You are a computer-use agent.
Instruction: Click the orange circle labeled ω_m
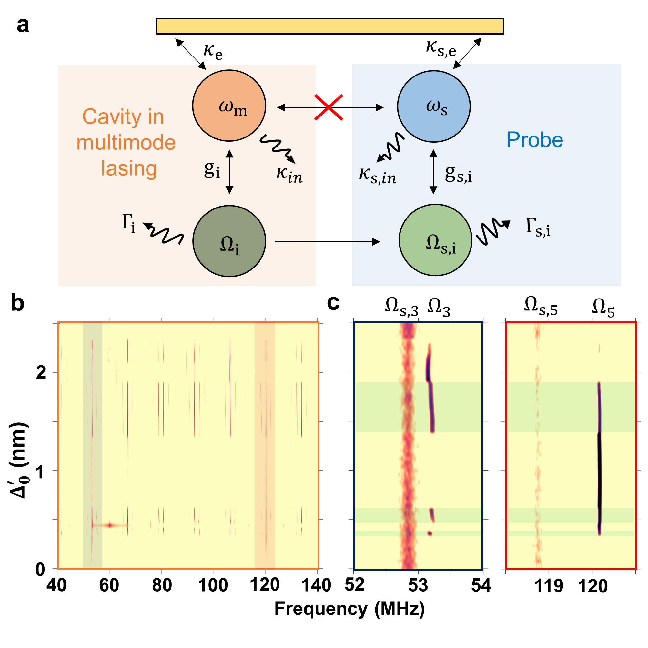(x=229, y=106)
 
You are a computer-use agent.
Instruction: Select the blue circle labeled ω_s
(x=434, y=106)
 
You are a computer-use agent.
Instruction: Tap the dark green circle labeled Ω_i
(x=229, y=241)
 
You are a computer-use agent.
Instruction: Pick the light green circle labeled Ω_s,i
(x=435, y=240)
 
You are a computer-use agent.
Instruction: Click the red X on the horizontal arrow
(x=329, y=107)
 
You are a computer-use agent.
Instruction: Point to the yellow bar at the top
(x=330, y=26)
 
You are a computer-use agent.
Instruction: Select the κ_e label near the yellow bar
(x=213, y=52)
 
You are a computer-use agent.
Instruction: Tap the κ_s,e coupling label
(x=441, y=48)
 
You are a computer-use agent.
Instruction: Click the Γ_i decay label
(x=129, y=223)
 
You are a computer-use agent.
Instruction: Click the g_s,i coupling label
(x=458, y=174)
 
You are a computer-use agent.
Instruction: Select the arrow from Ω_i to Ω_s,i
(x=327, y=241)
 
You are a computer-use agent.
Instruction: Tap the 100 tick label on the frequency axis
(x=213, y=585)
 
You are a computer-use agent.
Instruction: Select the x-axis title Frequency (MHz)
(x=349, y=609)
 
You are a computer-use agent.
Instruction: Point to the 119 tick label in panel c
(x=549, y=586)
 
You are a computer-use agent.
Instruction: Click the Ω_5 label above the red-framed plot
(x=603, y=307)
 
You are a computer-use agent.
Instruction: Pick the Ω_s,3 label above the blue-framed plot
(x=401, y=307)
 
